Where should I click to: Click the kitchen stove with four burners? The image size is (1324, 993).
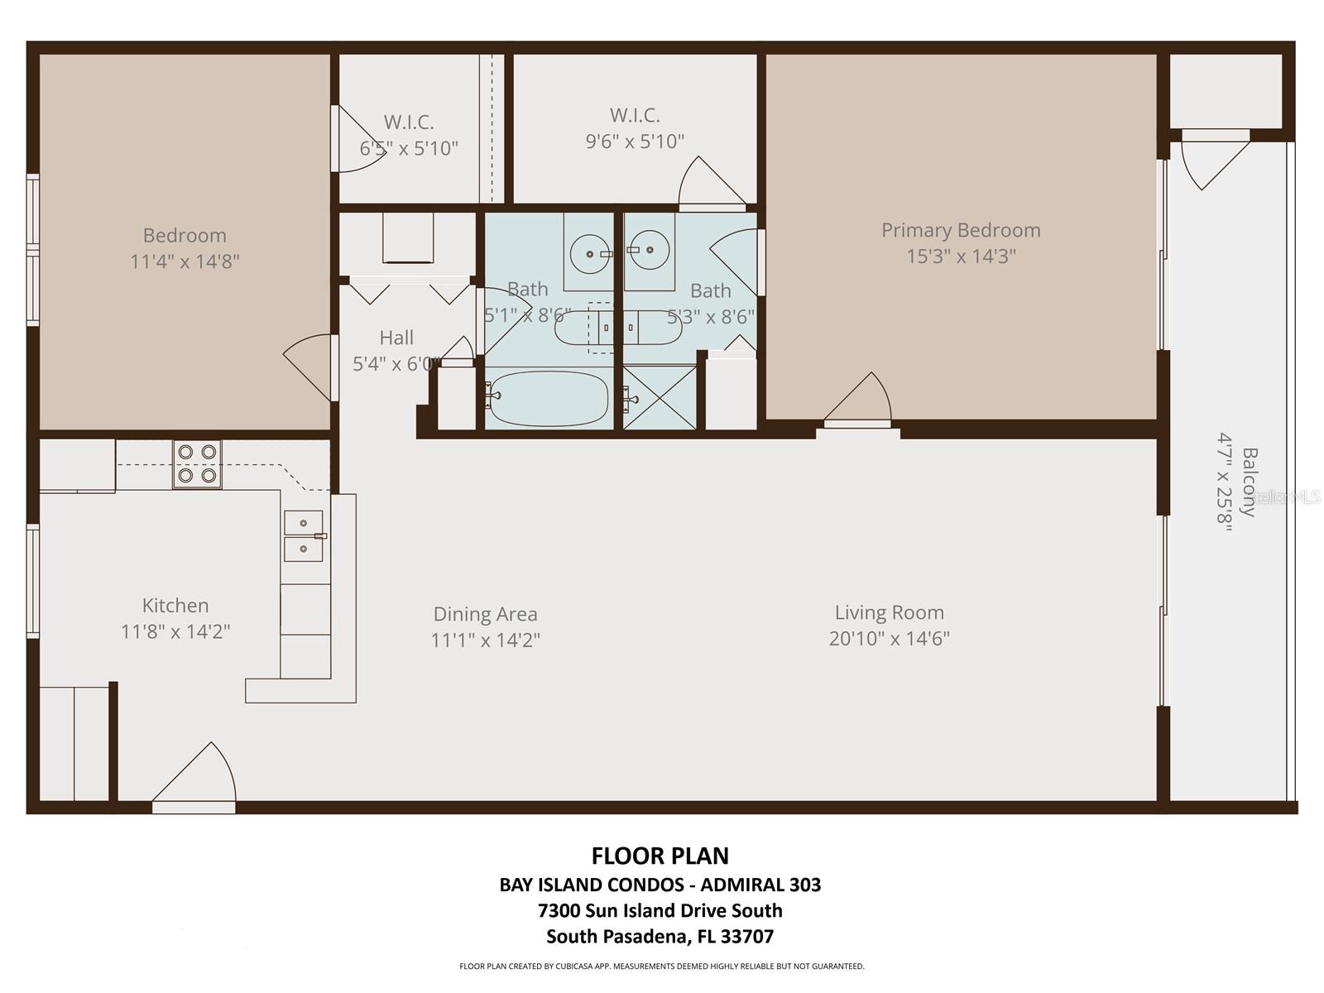pos(197,464)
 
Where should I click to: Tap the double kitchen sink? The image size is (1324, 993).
pos(304,536)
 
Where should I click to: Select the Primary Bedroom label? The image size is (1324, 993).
pos(960,230)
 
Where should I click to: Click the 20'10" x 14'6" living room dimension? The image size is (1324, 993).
pos(889,639)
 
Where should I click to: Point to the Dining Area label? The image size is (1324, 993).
pos(485,614)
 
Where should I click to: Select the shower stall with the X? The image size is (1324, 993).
pos(660,398)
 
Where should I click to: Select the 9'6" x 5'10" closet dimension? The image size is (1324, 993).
pos(635,142)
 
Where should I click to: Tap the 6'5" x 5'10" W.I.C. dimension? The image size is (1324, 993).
pos(409,149)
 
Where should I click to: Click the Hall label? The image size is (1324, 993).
pos(396,338)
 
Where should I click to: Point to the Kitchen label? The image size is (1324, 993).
pos(175,605)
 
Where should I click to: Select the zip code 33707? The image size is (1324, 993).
pos(746,937)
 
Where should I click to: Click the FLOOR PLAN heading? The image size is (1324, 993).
pos(660,856)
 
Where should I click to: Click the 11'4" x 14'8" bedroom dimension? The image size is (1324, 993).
pos(185,261)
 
